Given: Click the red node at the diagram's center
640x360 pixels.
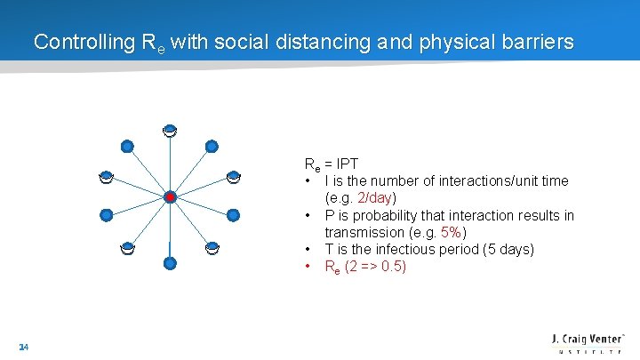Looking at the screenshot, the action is click(170, 196).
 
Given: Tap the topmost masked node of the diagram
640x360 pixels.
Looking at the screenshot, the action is click(169, 132).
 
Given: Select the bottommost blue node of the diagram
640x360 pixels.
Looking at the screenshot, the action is click(170, 263).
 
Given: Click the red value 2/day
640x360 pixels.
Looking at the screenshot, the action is click(373, 198).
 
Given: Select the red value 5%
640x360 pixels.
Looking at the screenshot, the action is click(452, 233).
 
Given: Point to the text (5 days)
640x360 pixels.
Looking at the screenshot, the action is click(506, 250).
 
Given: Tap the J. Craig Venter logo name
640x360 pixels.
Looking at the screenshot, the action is click(589, 339).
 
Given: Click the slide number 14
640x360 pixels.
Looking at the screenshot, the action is click(23, 348).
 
